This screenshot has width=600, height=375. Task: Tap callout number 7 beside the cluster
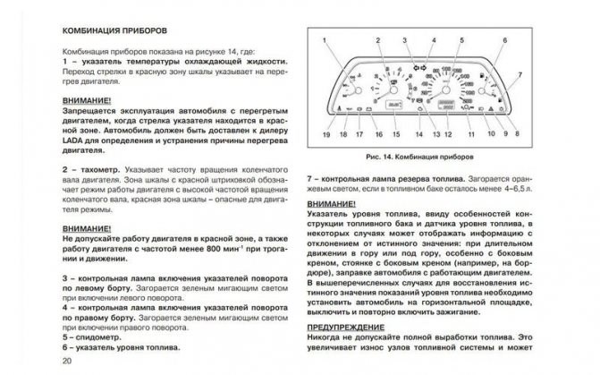click(521, 74)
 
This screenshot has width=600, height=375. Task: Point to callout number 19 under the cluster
click(326, 134)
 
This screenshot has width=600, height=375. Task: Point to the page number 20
click(67, 361)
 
